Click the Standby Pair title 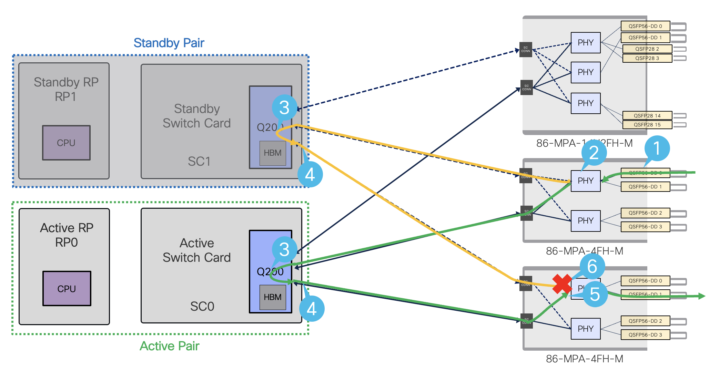pos(169,43)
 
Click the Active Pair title pos(169,346)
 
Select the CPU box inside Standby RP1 pos(66,143)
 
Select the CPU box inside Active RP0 pos(67,289)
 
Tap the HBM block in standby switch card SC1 pos(272,153)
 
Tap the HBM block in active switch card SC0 pos(272,297)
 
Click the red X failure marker pos(562,284)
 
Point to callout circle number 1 pos(657,148)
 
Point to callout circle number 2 pos(594,153)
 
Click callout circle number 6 pos(592,266)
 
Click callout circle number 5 pos(595,294)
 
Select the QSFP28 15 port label pos(647,125)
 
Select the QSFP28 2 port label pos(647,49)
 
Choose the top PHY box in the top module pos(585,43)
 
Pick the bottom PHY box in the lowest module pos(585,329)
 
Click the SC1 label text pos(199,161)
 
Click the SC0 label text pos(202,306)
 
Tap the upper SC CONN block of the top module pos(526,50)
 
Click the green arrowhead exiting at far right pos(702,296)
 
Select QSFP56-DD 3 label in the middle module pos(645,227)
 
